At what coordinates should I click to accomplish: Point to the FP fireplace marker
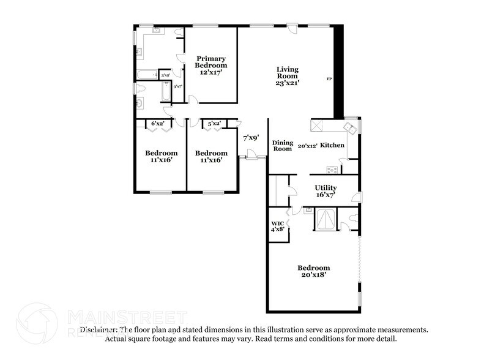tap(329, 80)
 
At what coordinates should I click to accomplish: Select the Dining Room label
tap(282, 145)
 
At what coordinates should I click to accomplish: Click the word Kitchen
tap(333, 146)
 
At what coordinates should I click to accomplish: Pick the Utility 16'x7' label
tap(326, 190)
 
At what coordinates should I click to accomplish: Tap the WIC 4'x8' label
tap(277, 227)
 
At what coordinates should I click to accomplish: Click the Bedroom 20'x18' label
tap(313, 271)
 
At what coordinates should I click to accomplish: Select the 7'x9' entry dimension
tap(251, 138)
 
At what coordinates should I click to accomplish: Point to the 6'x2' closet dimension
tap(158, 124)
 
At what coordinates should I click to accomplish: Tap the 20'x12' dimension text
tap(307, 146)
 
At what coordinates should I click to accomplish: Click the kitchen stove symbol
tap(332, 170)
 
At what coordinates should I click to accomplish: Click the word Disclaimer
tap(100, 329)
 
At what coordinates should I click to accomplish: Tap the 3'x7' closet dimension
tap(177, 87)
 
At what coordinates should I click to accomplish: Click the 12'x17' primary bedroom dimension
tap(211, 72)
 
